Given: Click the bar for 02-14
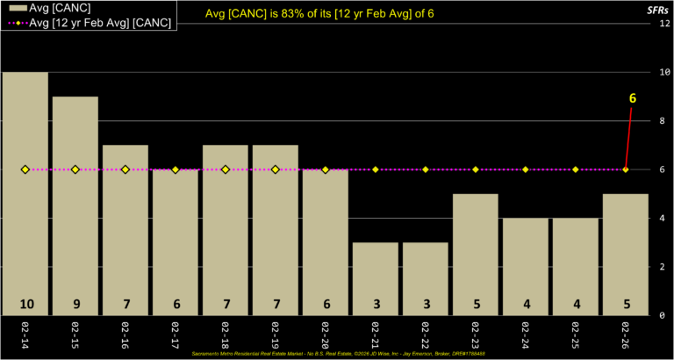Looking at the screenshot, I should [25, 193].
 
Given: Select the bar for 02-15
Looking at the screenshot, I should [75, 205].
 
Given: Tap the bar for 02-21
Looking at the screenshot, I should [376, 277].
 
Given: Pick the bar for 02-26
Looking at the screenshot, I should [626, 255].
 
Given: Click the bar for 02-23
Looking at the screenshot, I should [476, 255].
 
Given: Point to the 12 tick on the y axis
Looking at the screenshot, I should [665, 24].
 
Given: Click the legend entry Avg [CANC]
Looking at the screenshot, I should [54, 8].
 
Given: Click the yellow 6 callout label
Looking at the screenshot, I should [632, 99].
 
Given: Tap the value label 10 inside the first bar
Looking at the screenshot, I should [25, 304].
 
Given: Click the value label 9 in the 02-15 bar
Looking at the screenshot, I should [75, 304].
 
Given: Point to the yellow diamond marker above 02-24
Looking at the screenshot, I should [526, 169].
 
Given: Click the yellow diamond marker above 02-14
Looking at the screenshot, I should [25, 169].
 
